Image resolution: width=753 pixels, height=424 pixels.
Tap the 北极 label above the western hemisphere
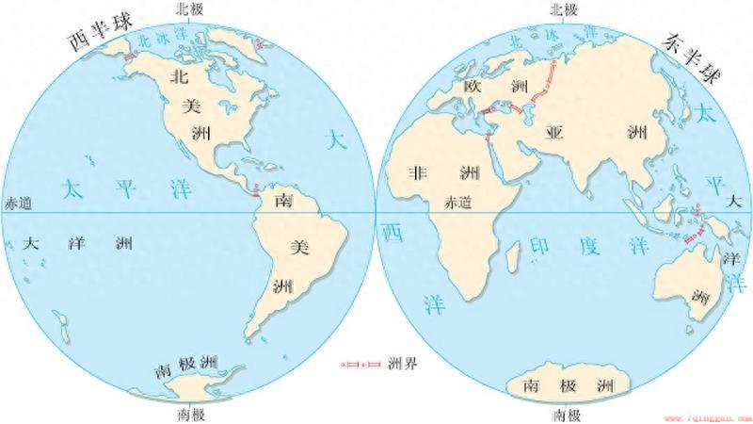[x=188, y=8]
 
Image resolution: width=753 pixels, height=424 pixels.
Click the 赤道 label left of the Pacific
[x=19, y=203]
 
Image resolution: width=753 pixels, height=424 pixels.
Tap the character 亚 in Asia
[x=555, y=132]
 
